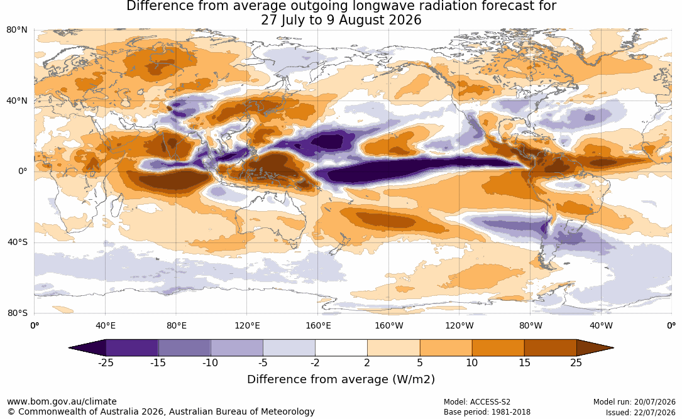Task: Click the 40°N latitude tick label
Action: click(16, 101)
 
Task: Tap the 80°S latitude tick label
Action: click(17, 313)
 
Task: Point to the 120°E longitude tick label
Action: click(247, 325)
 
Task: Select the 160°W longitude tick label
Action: click(389, 325)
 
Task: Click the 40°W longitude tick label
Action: click(601, 325)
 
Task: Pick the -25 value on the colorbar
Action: click(105, 362)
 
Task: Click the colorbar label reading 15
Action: click(524, 362)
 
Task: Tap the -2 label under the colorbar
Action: click(315, 362)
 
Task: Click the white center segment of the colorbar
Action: click(341, 348)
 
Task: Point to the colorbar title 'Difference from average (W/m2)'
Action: click(341, 379)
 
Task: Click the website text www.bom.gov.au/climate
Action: click(62, 401)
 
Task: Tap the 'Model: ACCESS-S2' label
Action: click(476, 402)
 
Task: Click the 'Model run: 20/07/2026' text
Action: click(634, 402)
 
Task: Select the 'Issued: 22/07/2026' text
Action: click(641, 413)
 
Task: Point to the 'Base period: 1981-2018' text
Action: click(487, 412)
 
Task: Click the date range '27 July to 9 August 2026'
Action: click(341, 20)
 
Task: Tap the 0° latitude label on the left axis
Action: click(23, 171)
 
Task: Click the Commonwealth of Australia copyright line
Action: click(161, 411)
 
